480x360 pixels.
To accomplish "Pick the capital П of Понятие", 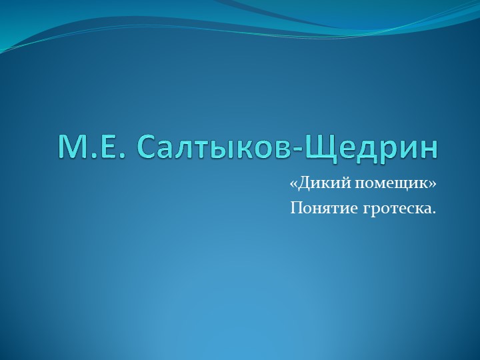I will pos(296,209).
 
